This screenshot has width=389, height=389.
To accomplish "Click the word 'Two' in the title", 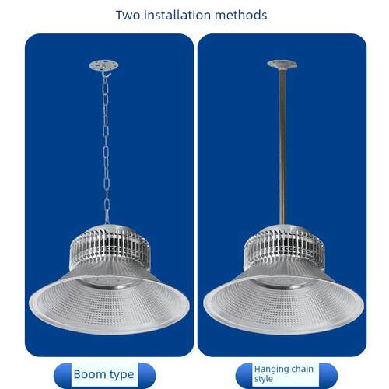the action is click(128, 15).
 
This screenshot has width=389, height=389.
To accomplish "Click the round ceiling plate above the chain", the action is click(103, 65).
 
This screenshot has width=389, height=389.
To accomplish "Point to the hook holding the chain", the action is click(106, 74).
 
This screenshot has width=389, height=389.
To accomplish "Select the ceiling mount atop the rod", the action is click(282, 65).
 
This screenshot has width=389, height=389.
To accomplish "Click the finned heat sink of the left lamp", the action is click(110, 247).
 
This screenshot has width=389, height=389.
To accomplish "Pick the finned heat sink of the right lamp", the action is click(285, 247).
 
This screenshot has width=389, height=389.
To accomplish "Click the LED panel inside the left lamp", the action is click(109, 282).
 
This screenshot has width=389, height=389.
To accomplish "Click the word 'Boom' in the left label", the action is click(89, 374).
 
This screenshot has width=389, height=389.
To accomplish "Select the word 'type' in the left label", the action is click(121, 375).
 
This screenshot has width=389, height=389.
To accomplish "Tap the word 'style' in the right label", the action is click(264, 379).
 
